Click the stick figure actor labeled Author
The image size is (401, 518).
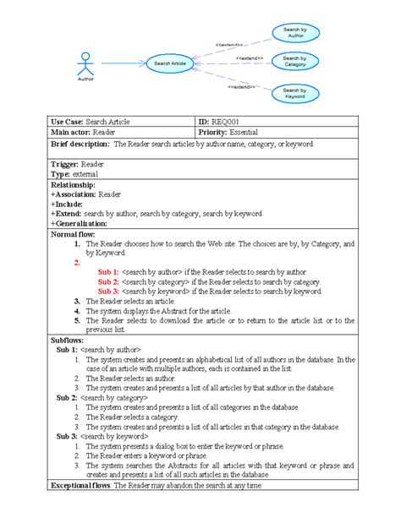84,64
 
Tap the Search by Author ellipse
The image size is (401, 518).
296,34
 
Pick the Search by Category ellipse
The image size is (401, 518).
295,62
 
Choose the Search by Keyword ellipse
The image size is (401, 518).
295,93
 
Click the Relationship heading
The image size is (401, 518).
74,183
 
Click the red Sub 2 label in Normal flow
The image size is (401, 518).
107,281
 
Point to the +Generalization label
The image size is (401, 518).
80,223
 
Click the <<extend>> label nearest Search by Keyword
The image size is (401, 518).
241,86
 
